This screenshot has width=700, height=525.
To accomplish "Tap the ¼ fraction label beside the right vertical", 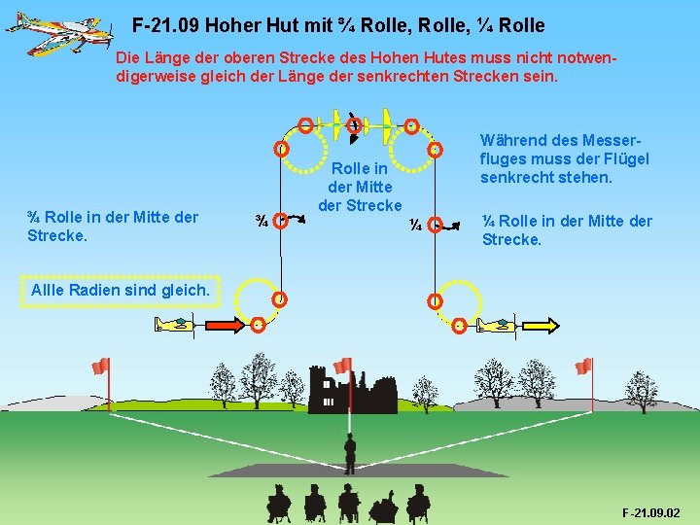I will click(414, 226).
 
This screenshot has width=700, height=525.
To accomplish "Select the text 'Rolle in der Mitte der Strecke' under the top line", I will click(360, 186).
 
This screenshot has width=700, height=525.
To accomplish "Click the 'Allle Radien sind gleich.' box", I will click(121, 290).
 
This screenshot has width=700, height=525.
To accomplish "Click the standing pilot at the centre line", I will click(350, 453).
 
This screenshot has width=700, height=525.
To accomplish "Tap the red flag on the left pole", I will click(100, 367).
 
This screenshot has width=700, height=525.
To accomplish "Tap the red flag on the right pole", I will click(583, 367).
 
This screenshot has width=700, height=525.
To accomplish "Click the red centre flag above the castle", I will click(342, 367).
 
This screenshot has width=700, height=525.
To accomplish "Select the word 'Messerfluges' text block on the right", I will click(565, 158).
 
